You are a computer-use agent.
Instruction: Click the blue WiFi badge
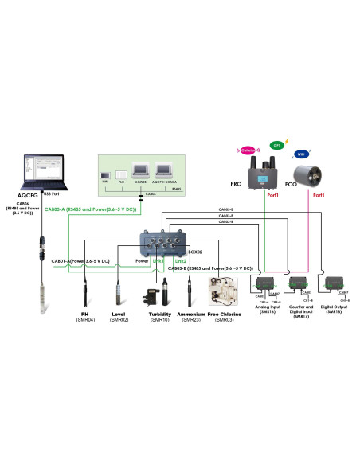[301, 154]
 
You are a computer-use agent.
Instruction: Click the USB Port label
[52, 194]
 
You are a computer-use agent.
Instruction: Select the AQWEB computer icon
[139, 170]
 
